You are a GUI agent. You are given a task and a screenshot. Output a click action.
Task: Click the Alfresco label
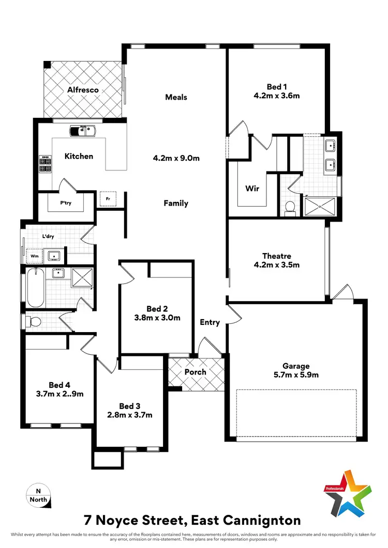[83, 90]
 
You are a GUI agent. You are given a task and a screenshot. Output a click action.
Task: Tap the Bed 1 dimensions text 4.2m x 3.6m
[277, 96]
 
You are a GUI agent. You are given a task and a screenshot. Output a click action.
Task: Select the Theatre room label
[277, 256]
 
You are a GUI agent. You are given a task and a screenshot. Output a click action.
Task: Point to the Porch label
[196, 372]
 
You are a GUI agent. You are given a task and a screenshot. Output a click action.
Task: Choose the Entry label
[210, 322]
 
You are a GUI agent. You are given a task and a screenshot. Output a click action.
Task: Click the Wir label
[252, 189]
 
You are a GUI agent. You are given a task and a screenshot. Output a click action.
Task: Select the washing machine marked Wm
[35, 255]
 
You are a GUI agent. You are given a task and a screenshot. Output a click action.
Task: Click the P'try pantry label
[66, 203]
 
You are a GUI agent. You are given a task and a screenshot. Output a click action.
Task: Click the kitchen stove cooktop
[45, 164]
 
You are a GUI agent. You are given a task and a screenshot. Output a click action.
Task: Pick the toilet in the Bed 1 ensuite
[290, 208]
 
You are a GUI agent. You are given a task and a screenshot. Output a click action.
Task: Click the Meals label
[176, 97]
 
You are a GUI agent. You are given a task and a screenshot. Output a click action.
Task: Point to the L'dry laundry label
[49, 237]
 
